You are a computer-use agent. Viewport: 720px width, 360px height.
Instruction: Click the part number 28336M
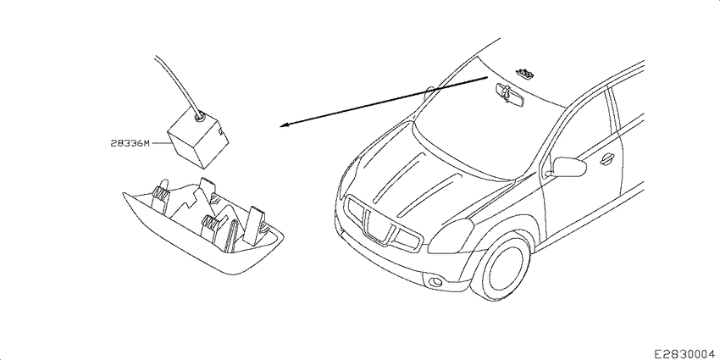pyautogui.click(x=130, y=143)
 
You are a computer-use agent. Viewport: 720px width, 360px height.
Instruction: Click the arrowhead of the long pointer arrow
pyautogui.click(x=285, y=125)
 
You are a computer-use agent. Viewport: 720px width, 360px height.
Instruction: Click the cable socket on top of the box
pyautogui.click(x=199, y=117)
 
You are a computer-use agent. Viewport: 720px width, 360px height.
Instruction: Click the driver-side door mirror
pyautogui.click(x=569, y=166)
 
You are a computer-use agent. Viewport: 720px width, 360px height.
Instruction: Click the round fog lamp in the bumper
pyautogui.click(x=435, y=281)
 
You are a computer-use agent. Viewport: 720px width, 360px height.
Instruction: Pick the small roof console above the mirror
pyautogui.click(x=526, y=72)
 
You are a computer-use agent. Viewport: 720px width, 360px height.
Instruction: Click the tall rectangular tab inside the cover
pyautogui.click(x=256, y=224)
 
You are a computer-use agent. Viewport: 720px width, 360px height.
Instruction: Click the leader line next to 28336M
pyautogui.click(x=161, y=143)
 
